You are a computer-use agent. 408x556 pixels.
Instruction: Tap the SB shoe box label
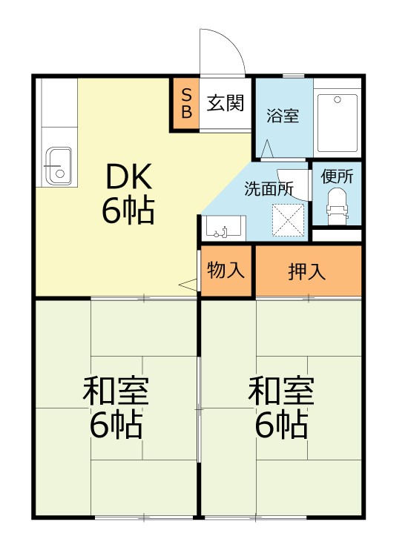point(186,104)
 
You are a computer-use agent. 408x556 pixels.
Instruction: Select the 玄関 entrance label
point(225,103)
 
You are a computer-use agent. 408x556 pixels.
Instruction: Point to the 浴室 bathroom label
point(283,116)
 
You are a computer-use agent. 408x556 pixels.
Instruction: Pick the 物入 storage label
point(226,270)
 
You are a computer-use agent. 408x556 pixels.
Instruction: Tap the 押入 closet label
point(307,271)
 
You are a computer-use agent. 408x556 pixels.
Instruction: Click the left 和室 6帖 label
point(116,408)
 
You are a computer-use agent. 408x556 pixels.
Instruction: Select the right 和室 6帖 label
point(281,408)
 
